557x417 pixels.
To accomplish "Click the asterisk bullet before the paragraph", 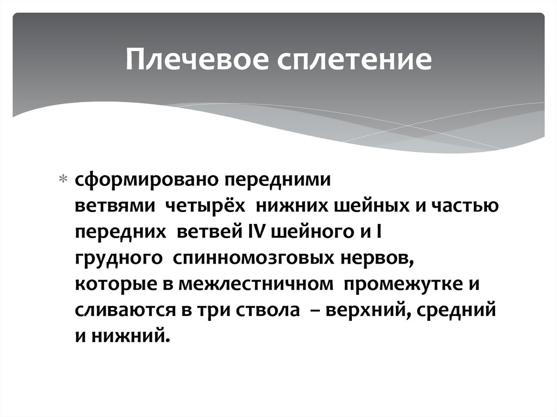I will [63, 180].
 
